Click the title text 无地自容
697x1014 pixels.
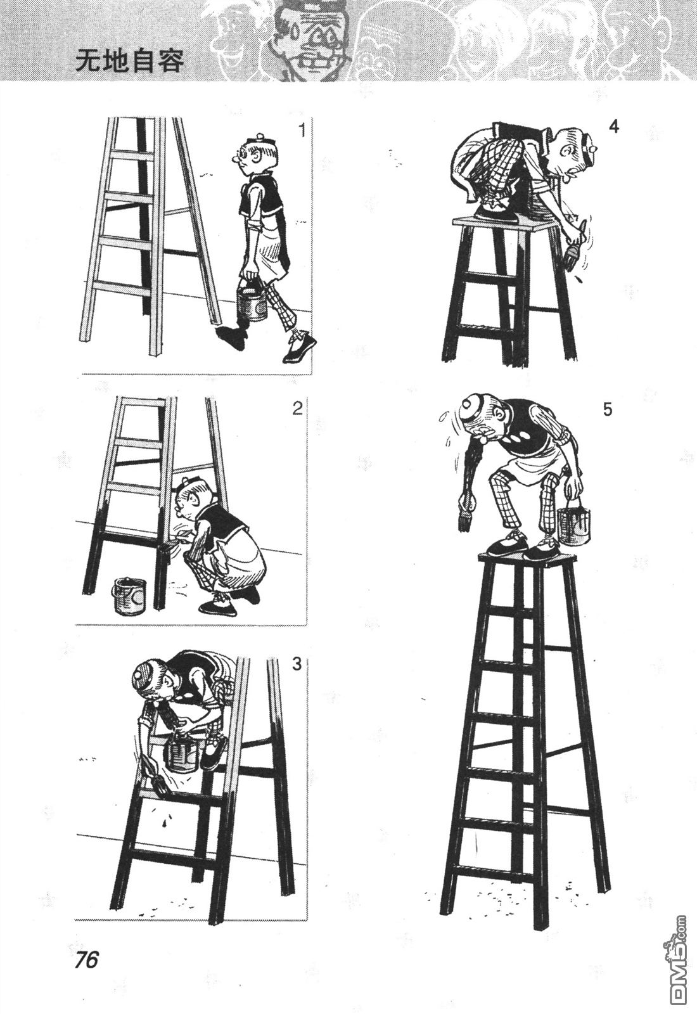[130, 60]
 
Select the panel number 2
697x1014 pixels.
[297, 409]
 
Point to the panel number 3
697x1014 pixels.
[297, 665]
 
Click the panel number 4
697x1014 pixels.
[614, 127]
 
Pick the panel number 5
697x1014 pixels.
[608, 409]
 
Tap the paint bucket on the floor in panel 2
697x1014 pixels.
[130, 595]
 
